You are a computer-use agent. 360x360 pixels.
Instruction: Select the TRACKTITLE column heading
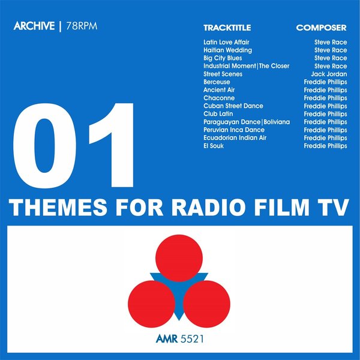click(x=227, y=28)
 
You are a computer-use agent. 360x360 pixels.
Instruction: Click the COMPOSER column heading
click(x=321, y=28)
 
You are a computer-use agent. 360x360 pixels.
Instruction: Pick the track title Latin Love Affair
click(x=226, y=43)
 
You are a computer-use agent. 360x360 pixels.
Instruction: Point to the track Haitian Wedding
click(x=227, y=50)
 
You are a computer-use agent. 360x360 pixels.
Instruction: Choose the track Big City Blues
click(x=223, y=58)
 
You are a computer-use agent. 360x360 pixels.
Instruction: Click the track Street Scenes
click(x=223, y=74)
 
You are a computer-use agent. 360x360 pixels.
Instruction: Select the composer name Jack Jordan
click(x=329, y=74)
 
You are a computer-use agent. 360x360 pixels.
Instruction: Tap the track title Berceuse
click(x=217, y=82)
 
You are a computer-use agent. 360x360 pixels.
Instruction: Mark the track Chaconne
click(x=218, y=98)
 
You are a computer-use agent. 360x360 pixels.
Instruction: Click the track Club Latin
click(x=219, y=114)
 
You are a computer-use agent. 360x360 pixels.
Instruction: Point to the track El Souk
click(x=214, y=146)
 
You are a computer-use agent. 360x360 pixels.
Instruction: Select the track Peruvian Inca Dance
click(x=234, y=130)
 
